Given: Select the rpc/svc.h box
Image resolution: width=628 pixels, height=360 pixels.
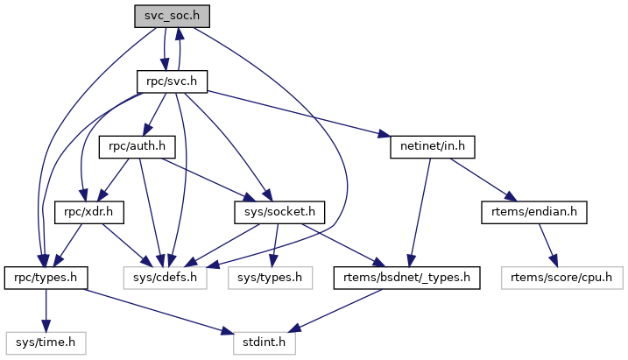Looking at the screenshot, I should click(172, 81).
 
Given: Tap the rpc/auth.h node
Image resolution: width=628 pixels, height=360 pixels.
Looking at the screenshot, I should click(137, 146).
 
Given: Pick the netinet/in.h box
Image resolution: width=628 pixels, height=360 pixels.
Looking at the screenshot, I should click(431, 146).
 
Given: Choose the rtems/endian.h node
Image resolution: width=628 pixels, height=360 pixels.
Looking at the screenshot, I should click(533, 212).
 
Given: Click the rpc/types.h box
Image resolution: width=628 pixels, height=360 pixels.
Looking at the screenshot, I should click(46, 278).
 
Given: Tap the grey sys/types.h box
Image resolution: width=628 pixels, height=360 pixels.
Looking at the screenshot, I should click(270, 278).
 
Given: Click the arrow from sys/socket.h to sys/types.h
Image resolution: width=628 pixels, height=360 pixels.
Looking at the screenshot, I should click(276, 244).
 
